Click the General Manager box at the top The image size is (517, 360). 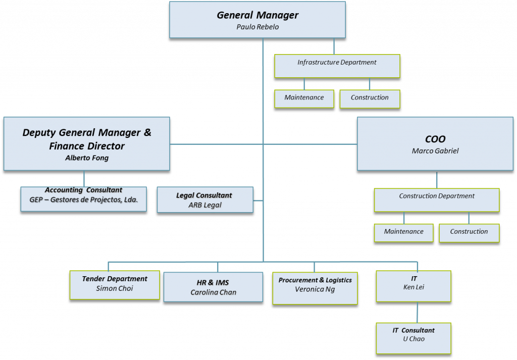[x=257, y=20]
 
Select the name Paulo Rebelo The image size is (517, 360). [x=257, y=27]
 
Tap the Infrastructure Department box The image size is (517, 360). [x=337, y=66]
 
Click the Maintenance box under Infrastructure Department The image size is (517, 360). [x=304, y=98]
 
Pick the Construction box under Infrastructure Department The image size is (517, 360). [x=370, y=98]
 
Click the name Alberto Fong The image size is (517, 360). [x=87, y=158]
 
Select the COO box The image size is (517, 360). [x=435, y=144]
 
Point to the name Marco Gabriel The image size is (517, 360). [x=435, y=151]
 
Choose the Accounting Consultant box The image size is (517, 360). [x=83, y=199]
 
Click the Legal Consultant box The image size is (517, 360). [x=205, y=199]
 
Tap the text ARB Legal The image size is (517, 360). [x=205, y=205]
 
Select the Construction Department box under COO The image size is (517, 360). [x=436, y=200]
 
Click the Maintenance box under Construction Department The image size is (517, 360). [x=403, y=232]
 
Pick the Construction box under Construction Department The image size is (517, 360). [x=469, y=232]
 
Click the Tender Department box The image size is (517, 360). [x=115, y=285]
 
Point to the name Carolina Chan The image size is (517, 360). [x=213, y=292]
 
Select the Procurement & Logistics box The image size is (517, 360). [x=315, y=288]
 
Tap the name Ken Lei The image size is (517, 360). [x=413, y=287]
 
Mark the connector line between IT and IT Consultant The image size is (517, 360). [x=417, y=312]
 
